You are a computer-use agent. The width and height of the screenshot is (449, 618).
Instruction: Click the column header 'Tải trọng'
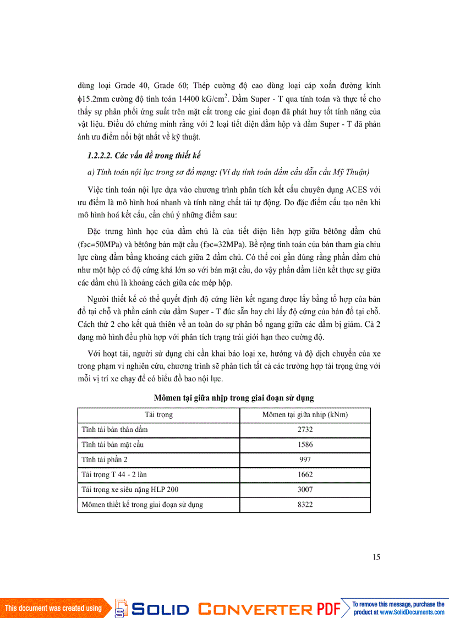pyautogui.click(x=158, y=414)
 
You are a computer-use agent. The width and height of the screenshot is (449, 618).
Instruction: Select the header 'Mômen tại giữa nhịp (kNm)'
pyautogui.click(x=305, y=414)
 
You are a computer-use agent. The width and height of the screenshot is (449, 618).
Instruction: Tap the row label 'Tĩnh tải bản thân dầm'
pyautogui.click(x=114, y=429)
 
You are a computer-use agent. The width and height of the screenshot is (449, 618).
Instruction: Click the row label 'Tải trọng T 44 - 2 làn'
pyautogui.click(x=114, y=474)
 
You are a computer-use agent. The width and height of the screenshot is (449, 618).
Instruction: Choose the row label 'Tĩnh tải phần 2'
pyautogui.click(x=105, y=459)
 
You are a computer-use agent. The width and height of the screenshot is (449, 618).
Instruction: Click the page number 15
pyautogui.click(x=376, y=557)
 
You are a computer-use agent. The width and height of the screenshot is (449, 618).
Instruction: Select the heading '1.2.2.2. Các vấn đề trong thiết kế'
pyautogui.click(x=138, y=156)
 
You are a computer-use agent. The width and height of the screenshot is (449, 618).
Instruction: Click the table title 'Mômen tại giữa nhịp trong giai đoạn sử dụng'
pyautogui.click(x=234, y=397)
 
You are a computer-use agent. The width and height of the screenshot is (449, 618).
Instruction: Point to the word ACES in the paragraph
pyautogui.click(x=359, y=190)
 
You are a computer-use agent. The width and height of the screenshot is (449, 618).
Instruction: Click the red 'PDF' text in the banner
pyautogui.click(x=329, y=609)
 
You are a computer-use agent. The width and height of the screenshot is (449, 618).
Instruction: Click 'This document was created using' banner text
pyautogui.click(x=53, y=608)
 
